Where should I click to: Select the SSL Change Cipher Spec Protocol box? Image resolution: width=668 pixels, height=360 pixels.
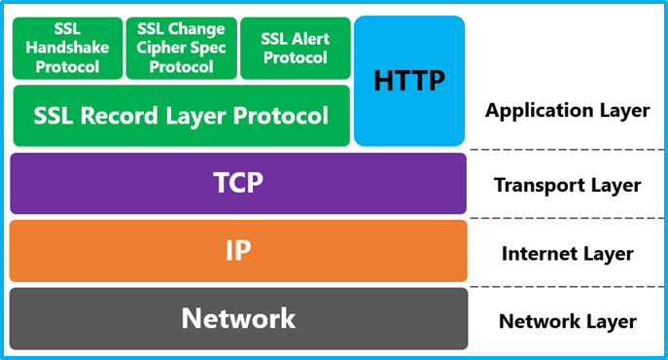[180, 48]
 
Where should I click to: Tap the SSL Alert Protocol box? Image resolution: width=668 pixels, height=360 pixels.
[295, 48]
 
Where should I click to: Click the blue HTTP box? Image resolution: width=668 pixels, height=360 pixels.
[409, 81]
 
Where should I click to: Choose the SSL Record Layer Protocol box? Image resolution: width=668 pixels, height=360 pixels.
[181, 117]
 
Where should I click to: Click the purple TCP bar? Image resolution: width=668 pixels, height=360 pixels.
[238, 183]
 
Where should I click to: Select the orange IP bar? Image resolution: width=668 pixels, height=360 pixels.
[238, 250]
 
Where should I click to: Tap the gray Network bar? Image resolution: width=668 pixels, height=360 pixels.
[238, 318]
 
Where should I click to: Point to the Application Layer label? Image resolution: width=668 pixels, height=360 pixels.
[567, 110]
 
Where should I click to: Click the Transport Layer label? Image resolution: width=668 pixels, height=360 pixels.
[567, 185]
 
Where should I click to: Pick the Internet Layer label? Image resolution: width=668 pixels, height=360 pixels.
[567, 254]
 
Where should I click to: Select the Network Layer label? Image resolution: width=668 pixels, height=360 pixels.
[567, 321]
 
